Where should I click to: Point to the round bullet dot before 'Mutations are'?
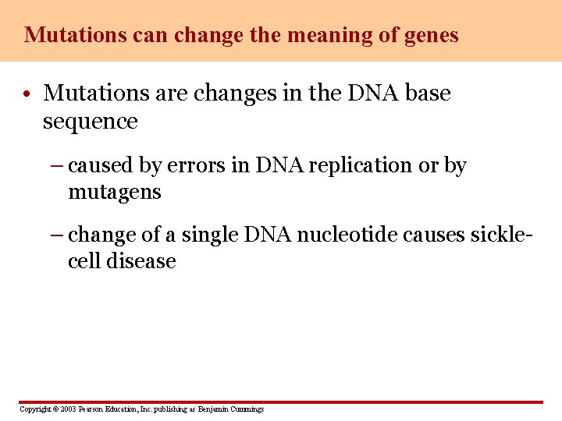[27, 95]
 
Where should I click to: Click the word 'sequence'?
[90, 122]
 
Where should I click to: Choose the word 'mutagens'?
[115, 192]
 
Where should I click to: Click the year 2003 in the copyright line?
[68, 409]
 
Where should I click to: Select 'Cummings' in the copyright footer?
[246, 409]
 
